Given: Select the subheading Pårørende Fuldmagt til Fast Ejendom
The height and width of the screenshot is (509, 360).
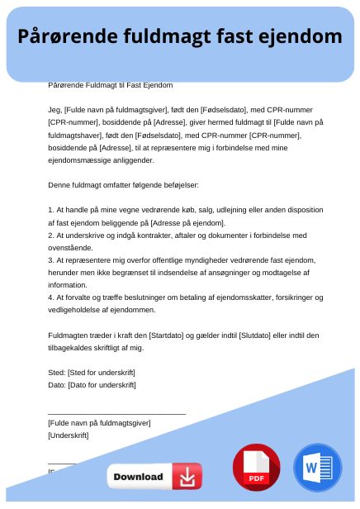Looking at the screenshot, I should (x=111, y=85).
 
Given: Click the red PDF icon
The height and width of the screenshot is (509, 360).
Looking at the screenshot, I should (x=256, y=468).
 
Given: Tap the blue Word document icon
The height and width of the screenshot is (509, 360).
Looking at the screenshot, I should (x=317, y=468).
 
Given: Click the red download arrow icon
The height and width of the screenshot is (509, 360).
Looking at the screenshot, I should (x=187, y=477).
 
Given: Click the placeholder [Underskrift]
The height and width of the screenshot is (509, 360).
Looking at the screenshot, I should (x=69, y=435).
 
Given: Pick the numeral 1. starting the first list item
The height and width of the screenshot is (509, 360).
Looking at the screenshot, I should (x=51, y=211).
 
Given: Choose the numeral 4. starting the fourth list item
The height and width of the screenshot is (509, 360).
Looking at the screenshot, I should (x=51, y=297).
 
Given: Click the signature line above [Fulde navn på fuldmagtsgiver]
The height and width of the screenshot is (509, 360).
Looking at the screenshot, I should (x=116, y=411).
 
